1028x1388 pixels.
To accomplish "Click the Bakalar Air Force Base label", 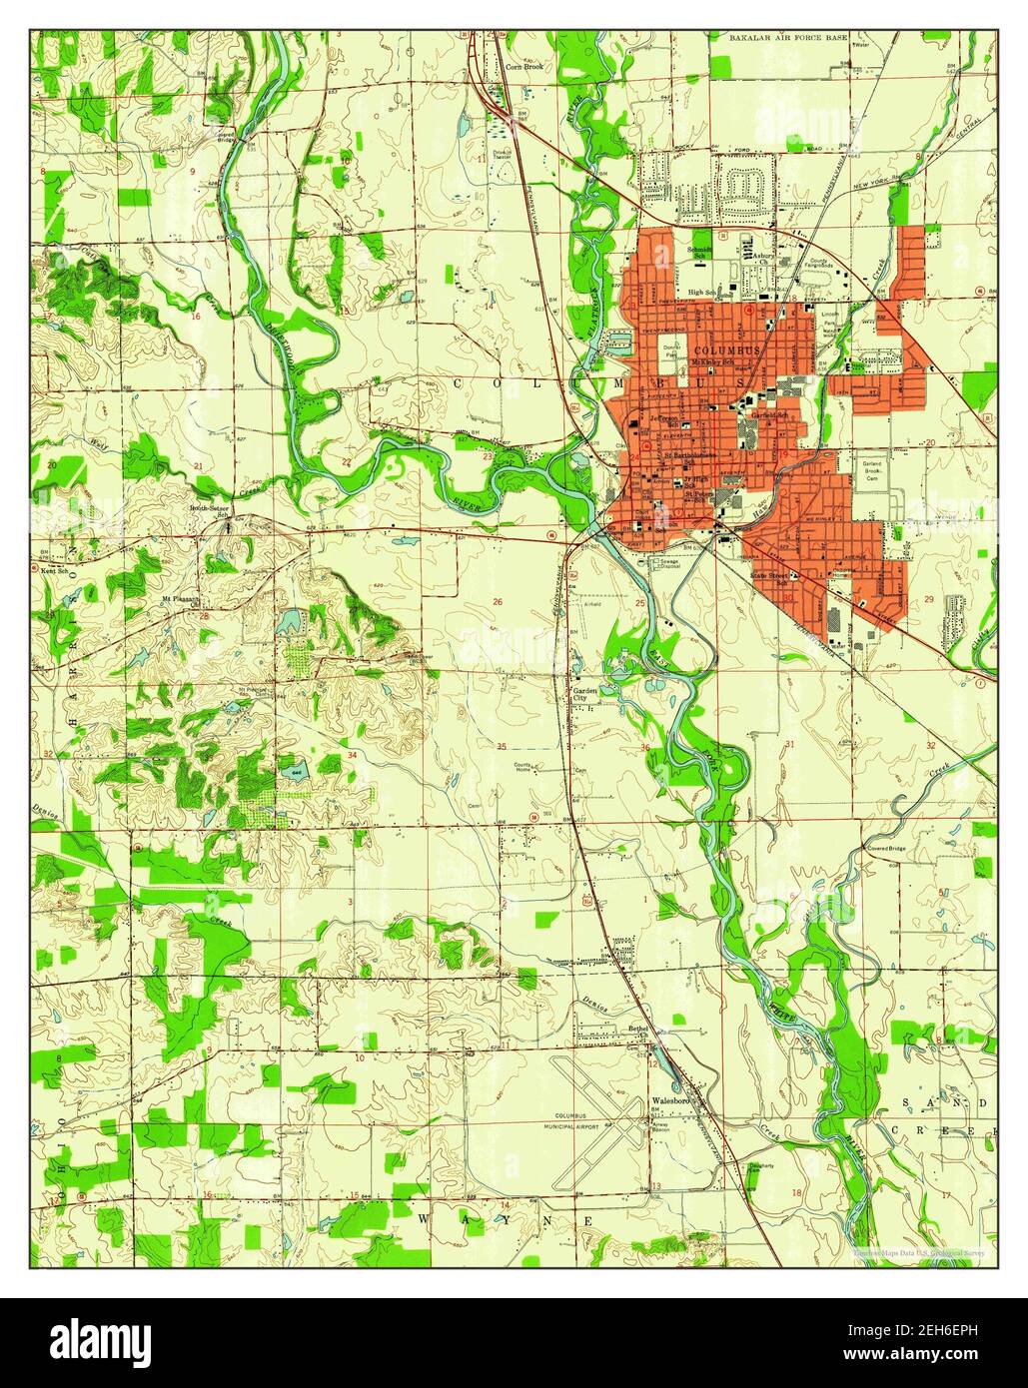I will (802, 37).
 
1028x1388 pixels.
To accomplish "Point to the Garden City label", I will (583, 694).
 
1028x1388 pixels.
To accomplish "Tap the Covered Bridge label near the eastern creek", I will (887, 848).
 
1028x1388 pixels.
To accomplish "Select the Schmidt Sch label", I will (699, 254).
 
